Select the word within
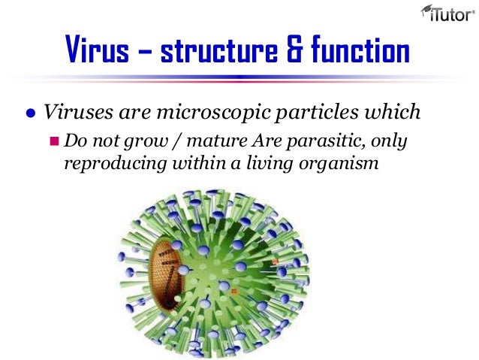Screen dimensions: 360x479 click(185, 162)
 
